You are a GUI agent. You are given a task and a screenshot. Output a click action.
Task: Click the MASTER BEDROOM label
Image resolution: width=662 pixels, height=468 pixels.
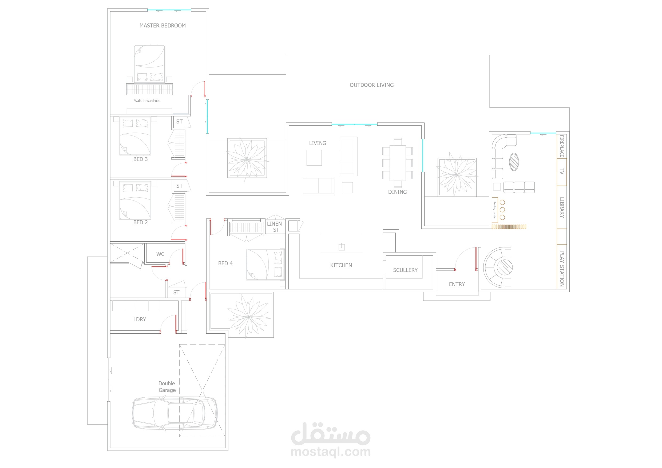pyautogui.click(x=162, y=26)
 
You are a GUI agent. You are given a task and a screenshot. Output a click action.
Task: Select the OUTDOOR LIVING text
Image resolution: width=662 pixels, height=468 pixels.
pyautogui.click(x=371, y=85)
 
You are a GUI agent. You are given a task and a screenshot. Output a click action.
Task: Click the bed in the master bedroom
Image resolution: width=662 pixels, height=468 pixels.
pyautogui.click(x=149, y=64)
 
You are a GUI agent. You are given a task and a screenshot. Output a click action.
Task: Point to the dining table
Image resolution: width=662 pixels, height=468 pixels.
pyautogui.click(x=398, y=163)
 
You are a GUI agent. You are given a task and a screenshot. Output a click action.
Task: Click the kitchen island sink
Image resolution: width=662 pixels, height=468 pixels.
pyautogui.click(x=341, y=247)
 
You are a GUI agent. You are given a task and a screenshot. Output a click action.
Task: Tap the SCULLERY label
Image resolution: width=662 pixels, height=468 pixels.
pyautogui.click(x=405, y=270)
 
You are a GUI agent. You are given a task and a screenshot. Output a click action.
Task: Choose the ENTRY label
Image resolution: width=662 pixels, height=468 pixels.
pyautogui.click(x=457, y=284)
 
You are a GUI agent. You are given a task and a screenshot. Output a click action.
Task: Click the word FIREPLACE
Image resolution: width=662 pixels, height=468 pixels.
pyautogui.click(x=562, y=146)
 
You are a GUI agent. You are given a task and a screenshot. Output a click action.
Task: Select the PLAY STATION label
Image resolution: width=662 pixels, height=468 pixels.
pyautogui.click(x=562, y=269)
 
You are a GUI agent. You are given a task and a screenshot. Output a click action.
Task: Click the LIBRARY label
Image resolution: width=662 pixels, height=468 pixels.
pyautogui.click(x=562, y=207)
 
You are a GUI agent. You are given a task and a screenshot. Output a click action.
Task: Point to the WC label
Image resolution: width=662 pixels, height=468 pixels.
pyautogui.click(x=160, y=254)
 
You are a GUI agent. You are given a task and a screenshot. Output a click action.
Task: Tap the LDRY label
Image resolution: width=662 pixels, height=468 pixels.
pyautogui.click(x=140, y=319)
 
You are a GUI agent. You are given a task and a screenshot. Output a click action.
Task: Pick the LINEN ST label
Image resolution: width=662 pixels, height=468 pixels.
pyautogui.click(x=275, y=227)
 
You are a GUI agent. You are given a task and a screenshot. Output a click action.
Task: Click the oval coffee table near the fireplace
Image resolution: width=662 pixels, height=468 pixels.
pyautogui.click(x=514, y=162)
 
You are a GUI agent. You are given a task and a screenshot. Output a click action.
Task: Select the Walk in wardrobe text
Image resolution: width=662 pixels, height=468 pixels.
pyautogui.click(x=147, y=101)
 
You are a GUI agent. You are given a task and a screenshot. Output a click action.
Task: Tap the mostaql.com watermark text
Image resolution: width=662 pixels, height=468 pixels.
pyautogui.click(x=331, y=451)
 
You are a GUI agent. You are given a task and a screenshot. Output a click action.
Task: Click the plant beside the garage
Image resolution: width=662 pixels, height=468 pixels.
pyautogui.click(x=248, y=316)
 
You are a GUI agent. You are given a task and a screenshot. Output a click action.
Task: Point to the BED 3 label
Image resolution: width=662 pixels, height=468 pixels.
pyautogui.click(x=140, y=159)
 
